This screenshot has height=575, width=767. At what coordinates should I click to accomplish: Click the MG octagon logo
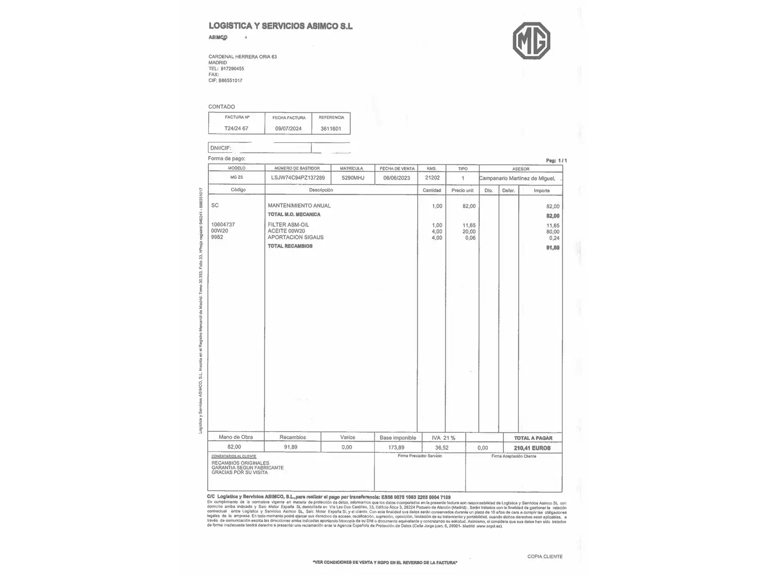[x=531, y=40]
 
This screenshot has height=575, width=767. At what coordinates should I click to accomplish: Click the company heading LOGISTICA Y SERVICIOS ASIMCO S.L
[x=280, y=26]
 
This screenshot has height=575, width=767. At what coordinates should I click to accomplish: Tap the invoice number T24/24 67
[x=236, y=128]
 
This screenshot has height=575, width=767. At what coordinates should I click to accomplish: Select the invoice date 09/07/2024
[x=288, y=128]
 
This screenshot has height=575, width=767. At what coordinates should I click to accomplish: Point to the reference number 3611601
[x=331, y=128]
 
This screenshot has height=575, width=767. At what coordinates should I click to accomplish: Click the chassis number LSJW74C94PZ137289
[x=298, y=178]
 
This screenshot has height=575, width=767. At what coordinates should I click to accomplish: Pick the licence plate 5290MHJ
[x=353, y=178]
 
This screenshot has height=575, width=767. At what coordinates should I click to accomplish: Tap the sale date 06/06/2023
[x=397, y=178]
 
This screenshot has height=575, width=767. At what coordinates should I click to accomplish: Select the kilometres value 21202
[x=433, y=178]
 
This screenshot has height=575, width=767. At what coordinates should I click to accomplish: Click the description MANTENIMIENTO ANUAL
[x=299, y=206]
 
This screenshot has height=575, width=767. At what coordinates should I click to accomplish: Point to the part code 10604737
[x=223, y=225]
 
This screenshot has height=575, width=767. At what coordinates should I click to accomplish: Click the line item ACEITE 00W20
[x=286, y=231]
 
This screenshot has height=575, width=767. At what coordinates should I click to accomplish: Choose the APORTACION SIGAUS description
[x=295, y=237]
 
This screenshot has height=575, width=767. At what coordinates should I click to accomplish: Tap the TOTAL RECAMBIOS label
[x=290, y=246]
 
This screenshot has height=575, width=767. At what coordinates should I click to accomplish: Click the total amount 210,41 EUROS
[x=532, y=448]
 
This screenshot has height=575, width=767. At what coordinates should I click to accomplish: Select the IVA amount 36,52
[x=442, y=448]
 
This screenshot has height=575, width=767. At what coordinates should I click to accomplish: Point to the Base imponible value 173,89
[x=396, y=448]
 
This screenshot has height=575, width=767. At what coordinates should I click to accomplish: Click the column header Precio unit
[x=462, y=190]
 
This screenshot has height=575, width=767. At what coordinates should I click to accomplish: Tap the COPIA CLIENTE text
[x=544, y=556]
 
